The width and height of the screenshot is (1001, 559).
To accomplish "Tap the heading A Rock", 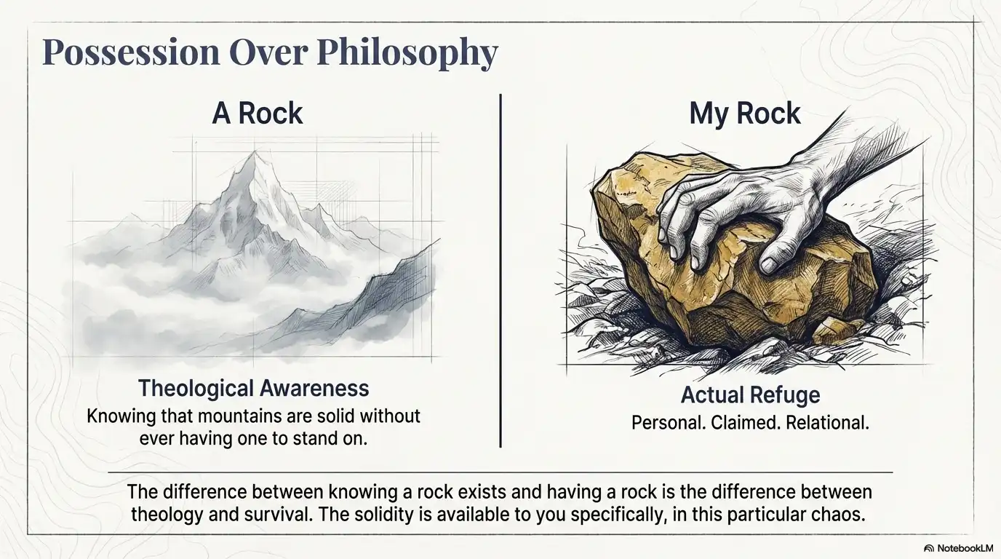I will tap(258, 114).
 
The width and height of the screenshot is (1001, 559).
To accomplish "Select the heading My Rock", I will tap(744, 114).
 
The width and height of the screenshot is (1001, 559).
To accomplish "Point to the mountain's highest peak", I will tap(255, 154).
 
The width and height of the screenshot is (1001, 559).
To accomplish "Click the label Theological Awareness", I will tap(253, 388).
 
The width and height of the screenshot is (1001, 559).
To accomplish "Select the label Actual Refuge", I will tap(750, 395).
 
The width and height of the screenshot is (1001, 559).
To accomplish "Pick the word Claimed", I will tap(735, 422).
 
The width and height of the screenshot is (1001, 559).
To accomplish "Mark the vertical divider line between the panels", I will tap(500, 269).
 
